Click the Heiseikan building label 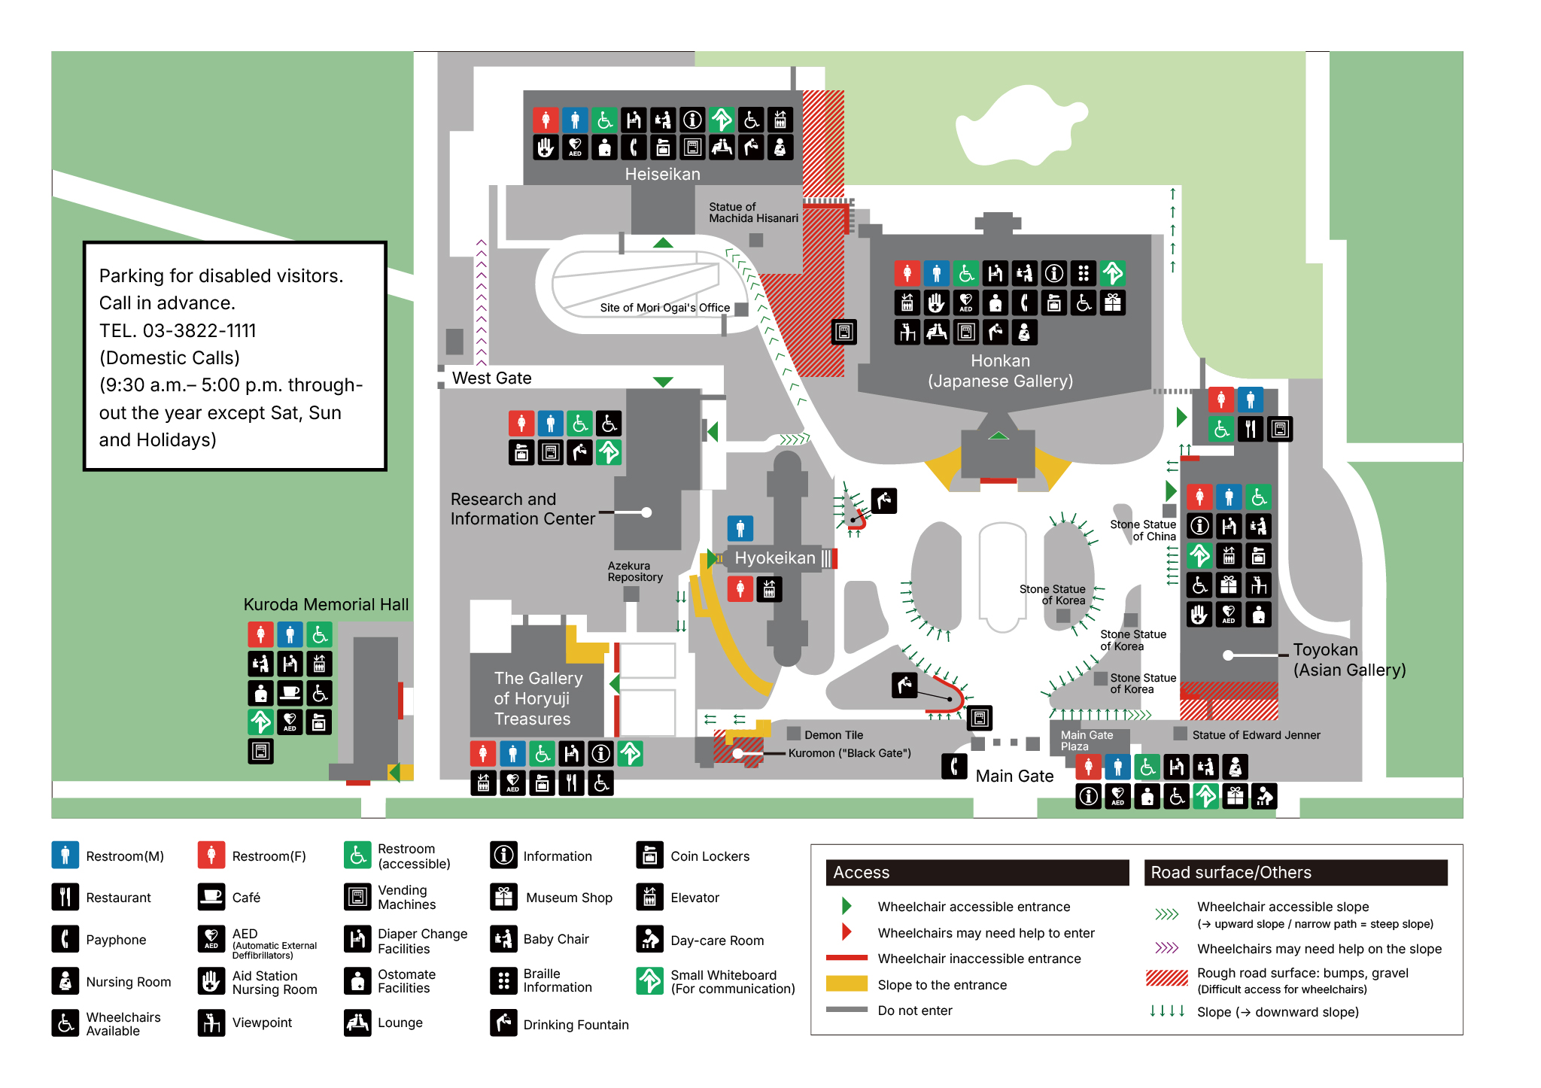[662, 174]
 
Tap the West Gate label [491, 378]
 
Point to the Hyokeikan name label [774, 558]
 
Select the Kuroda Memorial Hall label [326, 604]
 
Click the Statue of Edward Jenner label [1256, 735]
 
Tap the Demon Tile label [834, 735]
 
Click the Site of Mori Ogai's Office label [664, 308]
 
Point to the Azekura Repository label [635, 571]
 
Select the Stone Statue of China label [1143, 530]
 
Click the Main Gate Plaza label [1087, 740]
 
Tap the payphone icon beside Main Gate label [954, 767]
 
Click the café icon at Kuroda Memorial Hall [290, 693]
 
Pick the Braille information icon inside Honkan [1084, 272]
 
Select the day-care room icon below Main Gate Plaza [1264, 796]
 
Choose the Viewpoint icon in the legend [211, 1023]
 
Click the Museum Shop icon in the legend [503, 897]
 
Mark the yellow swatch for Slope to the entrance [846, 984]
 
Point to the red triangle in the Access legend [846, 932]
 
